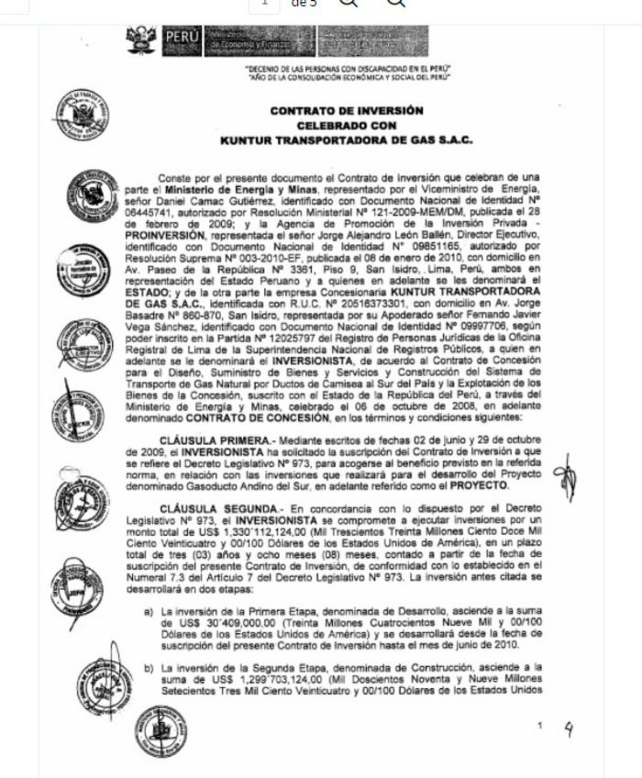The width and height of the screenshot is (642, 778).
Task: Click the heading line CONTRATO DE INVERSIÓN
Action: [x=346, y=110]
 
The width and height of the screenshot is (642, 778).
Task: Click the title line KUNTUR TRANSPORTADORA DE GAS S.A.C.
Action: [x=346, y=140]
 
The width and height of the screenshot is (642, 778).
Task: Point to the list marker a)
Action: [x=149, y=610]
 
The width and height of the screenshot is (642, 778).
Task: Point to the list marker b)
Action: [x=149, y=665]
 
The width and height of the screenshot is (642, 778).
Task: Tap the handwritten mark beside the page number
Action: [x=570, y=730]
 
